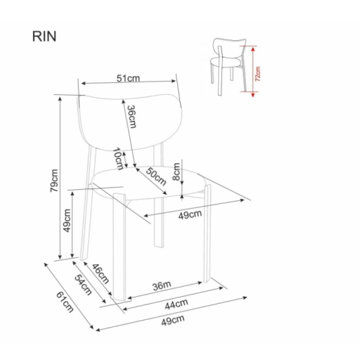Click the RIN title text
pyautogui.click(x=44, y=37)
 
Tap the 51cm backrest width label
pyautogui.click(x=128, y=78)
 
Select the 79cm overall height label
pyautogui.click(x=54, y=181)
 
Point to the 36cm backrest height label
pyautogui.click(x=131, y=117)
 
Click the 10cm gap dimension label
pyautogui.click(x=118, y=159)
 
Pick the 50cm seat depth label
pyautogui.click(x=156, y=176)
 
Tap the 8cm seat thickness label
pyautogui.click(x=176, y=172)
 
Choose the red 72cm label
pyautogui.click(x=257, y=74)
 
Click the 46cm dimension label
pyautogui.click(x=101, y=274)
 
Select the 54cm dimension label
pyautogui.click(x=83, y=285)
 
